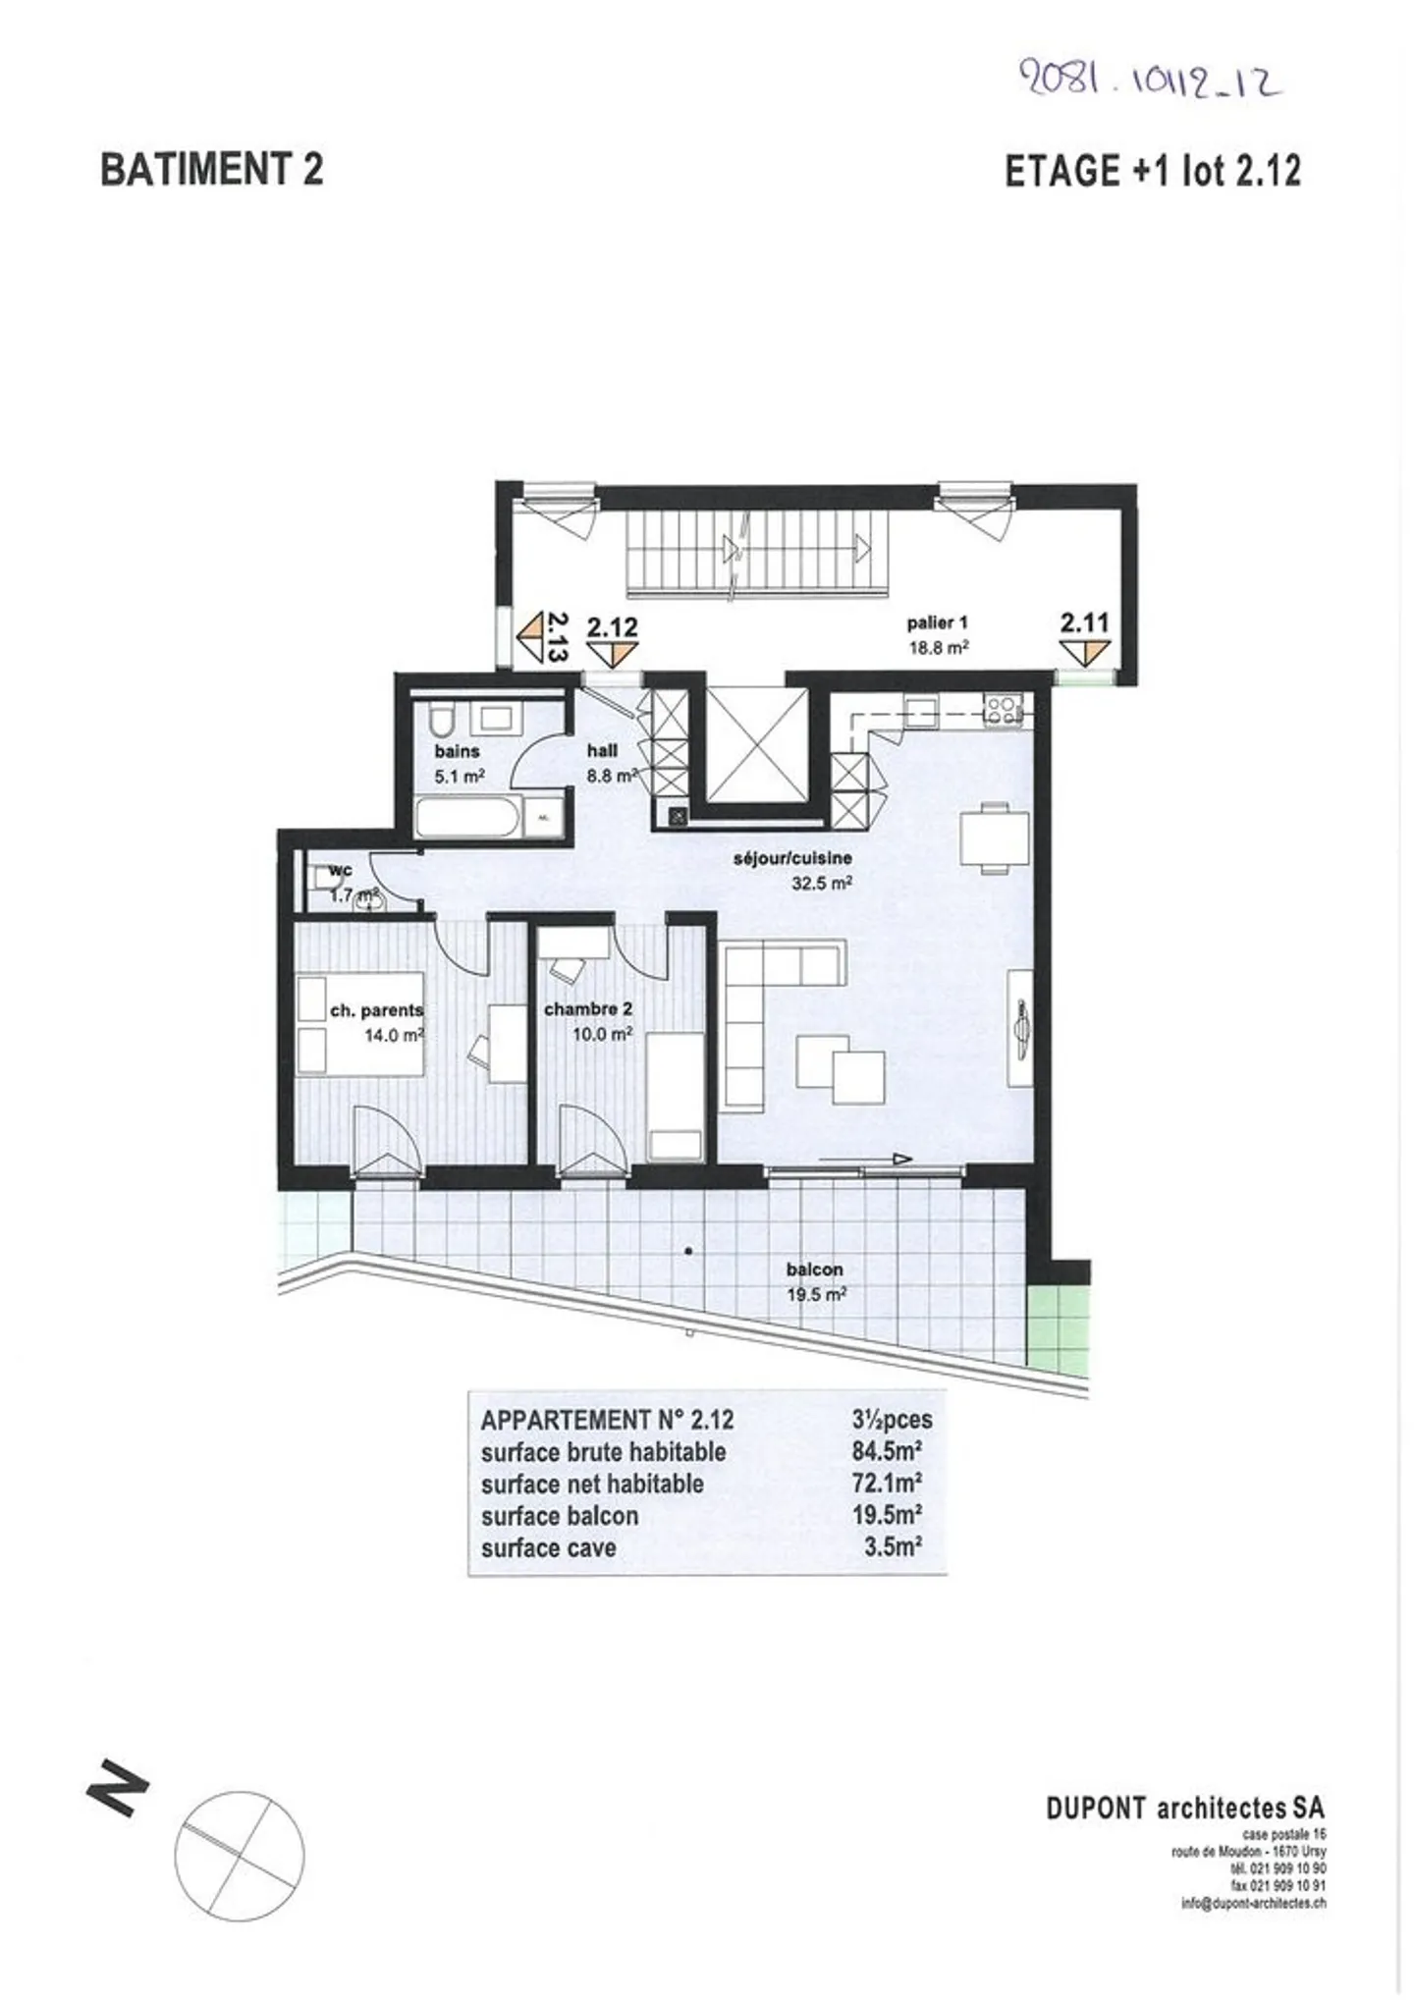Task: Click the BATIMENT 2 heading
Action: pos(211,170)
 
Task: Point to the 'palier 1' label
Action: pos(937,622)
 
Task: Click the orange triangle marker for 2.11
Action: pos(1084,653)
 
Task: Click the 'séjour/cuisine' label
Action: pos(792,858)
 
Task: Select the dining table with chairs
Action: pos(994,838)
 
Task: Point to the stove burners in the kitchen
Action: pos(1004,709)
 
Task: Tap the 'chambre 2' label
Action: pos(587,1009)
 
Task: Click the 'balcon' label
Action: pos(814,1270)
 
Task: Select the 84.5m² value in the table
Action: pos(886,1451)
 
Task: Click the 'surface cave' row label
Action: pos(548,1547)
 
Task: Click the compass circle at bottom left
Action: pos(239,1857)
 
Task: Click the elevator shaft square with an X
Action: pos(755,743)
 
